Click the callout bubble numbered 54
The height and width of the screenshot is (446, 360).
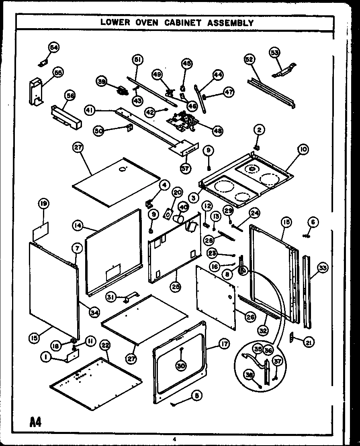pos(54,47)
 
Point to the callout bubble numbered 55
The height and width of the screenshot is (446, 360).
pos(58,73)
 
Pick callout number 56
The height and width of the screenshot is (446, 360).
pos(71,96)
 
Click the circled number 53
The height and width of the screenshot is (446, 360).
pos(275,52)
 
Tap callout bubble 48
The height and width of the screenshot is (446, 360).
pos(218,131)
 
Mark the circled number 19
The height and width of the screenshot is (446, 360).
pos(44,204)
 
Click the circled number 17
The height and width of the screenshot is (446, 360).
pos(224,343)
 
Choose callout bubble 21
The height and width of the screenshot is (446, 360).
pos(309,342)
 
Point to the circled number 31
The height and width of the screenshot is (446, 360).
pos(110,297)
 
